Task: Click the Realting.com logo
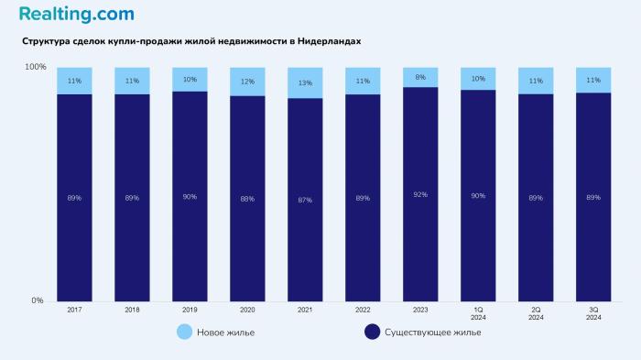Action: click(76, 14)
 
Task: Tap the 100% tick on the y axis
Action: click(34, 67)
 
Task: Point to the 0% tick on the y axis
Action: click(38, 300)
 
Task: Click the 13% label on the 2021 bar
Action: click(305, 83)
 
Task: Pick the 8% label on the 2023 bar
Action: click(420, 78)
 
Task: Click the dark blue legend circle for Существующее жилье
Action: click(372, 332)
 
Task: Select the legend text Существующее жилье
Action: click(433, 332)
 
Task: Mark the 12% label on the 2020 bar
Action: click(247, 82)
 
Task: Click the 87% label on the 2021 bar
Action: click(305, 199)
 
